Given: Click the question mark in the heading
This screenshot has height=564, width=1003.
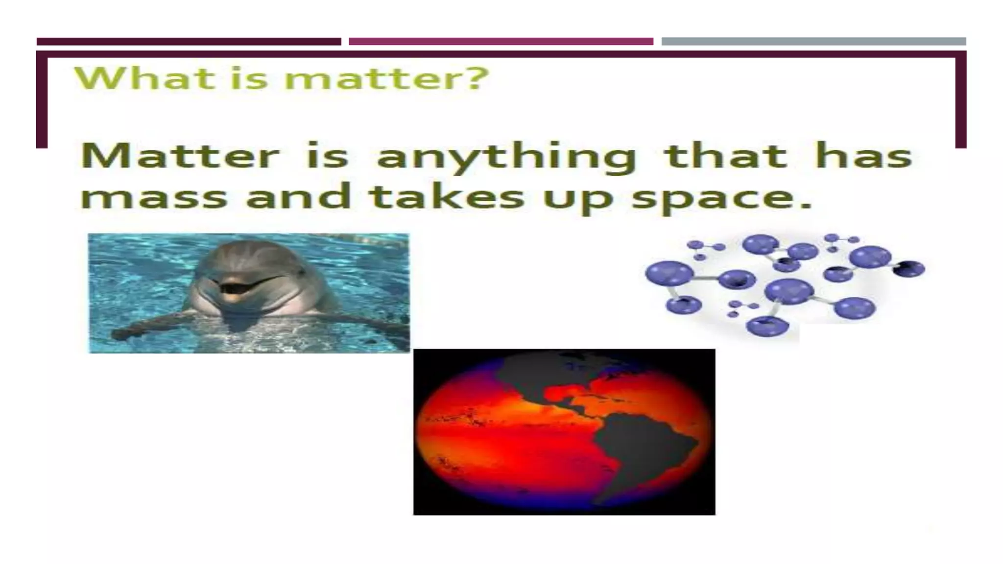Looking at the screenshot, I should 476,78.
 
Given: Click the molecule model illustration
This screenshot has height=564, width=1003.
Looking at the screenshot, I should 784,284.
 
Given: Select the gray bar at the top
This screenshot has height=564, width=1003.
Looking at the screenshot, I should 813,42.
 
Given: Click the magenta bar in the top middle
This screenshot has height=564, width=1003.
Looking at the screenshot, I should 501,42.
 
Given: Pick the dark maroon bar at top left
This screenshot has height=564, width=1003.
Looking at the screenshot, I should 189,42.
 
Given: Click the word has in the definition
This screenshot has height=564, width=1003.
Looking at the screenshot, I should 863,156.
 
